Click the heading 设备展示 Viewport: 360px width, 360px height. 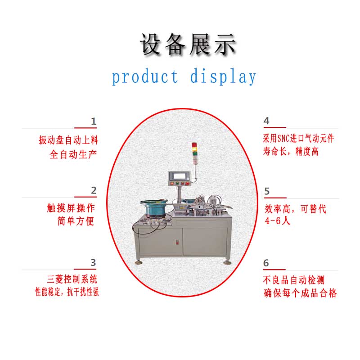coord(188,44)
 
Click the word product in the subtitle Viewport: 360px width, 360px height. coord(145,77)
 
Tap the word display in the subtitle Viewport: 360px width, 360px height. coord(223,77)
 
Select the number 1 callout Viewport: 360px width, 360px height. coord(94,121)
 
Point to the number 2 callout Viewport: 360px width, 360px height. coord(94,190)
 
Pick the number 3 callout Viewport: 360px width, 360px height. coord(93,263)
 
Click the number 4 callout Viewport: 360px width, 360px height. coord(266,121)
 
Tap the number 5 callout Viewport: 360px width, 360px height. coord(267,191)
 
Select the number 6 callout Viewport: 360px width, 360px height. coord(266,263)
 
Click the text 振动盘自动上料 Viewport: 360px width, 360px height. coord(69,140)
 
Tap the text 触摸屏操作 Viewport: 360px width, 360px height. coord(71,208)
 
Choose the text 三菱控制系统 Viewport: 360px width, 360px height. coord(72,279)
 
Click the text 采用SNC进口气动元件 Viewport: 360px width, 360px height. coord(298,139)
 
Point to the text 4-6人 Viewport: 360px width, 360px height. coord(278,221)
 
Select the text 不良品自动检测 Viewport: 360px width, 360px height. coord(294,280)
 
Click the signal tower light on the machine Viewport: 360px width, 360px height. coord(194,152)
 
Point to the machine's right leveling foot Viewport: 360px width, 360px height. coord(227,262)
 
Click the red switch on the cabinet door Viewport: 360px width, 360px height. coord(177,242)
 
